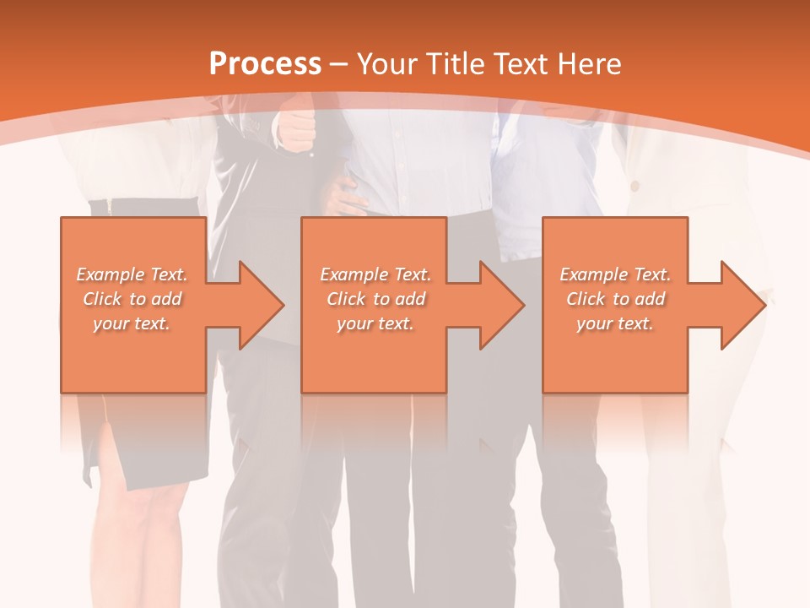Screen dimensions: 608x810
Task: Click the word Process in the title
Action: point(265,64)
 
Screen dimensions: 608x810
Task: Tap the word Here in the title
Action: point(590,64)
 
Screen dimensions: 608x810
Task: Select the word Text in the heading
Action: point(525,64)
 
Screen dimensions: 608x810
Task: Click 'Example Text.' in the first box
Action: point(132,274)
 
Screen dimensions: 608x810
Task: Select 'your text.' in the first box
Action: point(132,323)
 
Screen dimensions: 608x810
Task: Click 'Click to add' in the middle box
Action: point(376,299)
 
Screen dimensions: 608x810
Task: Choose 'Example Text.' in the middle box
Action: point(376,274)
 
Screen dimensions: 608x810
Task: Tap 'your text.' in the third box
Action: point(615,323)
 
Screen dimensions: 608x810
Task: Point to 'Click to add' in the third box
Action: point(616,299)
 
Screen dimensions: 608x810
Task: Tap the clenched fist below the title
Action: point(297,131)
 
